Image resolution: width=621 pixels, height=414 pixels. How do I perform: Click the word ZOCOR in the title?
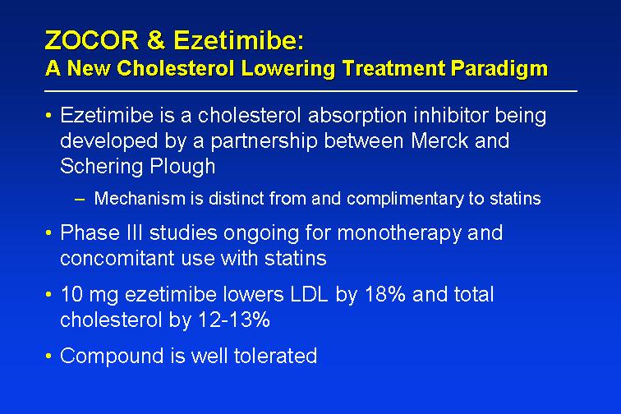[x=92, y=40]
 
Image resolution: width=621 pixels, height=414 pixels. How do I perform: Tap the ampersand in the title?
[x=156, y=40]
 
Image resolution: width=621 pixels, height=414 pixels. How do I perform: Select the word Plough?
[x=182, y=167]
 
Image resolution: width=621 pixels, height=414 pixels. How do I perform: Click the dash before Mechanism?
[x=80, y=199]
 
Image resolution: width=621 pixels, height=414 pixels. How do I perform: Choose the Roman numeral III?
[x=134, y=232]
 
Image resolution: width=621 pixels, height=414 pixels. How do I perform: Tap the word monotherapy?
[x=399, y=233]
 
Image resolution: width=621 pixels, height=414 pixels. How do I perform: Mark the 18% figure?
[x=384, y=294]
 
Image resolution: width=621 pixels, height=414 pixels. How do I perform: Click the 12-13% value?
[x=233, y=320]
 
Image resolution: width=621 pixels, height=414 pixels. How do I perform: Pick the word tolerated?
[x=275, y=356]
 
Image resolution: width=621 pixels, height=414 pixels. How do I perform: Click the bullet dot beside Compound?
[x=48, y=356]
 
